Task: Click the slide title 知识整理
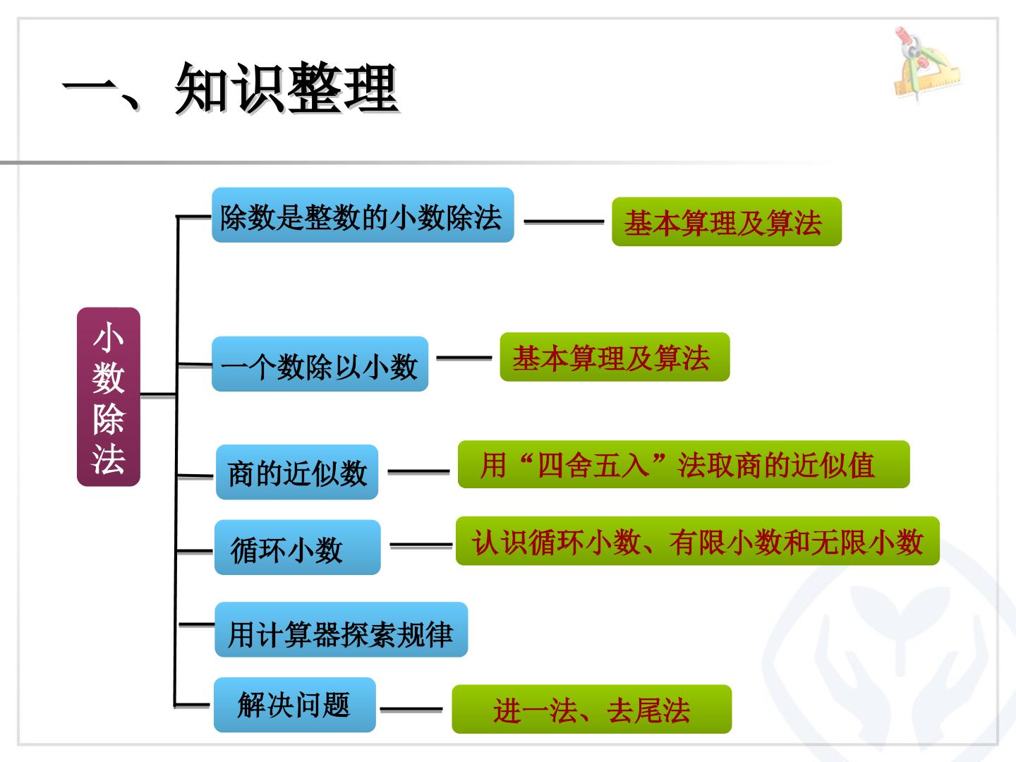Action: tap(286, 88)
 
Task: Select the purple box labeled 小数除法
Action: tap(109, 397)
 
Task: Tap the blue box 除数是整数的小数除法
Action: tap(363, 215)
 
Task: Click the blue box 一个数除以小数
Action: tap(320, 364)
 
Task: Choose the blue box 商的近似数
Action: tap(297, 472)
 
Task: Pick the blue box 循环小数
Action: tap(298, 548)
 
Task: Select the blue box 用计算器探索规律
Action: tap(341, 629)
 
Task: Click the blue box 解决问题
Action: tap(295, 705)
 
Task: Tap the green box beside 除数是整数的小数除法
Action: tap(727, 222)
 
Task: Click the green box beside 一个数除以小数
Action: tap(615, 357)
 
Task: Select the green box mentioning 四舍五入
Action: tap(684, 464)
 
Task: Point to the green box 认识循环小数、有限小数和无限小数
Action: tap(698, 541)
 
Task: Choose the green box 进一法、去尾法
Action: tap(592, 709)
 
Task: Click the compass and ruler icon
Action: tap(926, 64)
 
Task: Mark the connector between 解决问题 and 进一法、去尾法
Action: tap(411, 709)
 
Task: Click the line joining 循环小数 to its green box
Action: tap(421, 546)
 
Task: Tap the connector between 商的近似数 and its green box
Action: tap(418, 471)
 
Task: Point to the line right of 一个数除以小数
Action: tap(464, 358)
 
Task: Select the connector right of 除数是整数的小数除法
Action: tap(564, 222)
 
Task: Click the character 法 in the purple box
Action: tap(109, 459)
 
